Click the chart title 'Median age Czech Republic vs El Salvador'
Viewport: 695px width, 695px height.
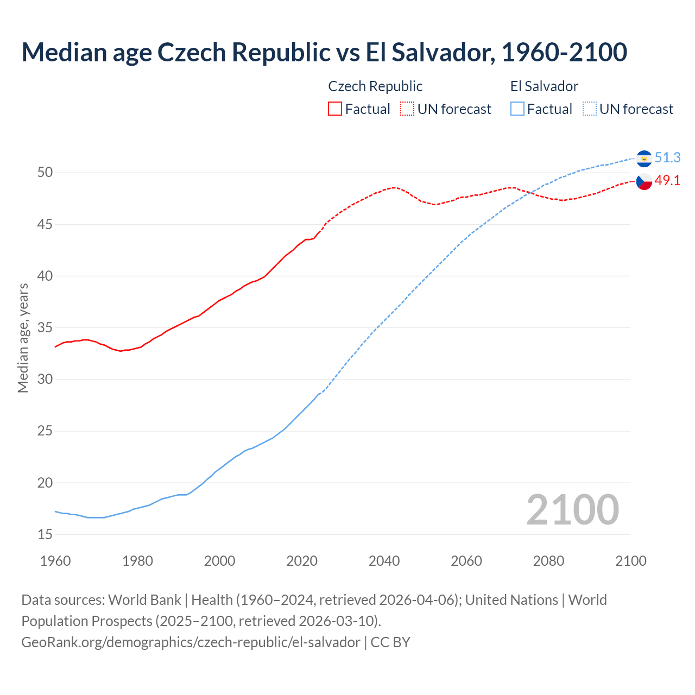point(324,52)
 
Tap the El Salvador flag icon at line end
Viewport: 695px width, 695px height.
point(644,158)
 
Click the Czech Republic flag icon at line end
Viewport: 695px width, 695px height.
point(644,181)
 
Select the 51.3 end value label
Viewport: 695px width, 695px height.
point(667,157)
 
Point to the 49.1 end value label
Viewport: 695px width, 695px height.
point(667,181)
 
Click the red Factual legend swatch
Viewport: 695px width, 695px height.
point(335,109)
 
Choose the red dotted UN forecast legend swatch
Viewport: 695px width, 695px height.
point(407,109)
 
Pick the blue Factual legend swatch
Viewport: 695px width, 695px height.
point(517,109)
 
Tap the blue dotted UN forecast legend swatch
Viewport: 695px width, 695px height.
point(589,109)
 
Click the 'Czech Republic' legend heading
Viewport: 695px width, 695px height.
point(375,86)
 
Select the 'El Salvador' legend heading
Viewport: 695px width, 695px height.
point(544,86)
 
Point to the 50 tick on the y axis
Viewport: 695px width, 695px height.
point(45,173)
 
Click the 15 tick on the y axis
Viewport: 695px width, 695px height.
point(45,534)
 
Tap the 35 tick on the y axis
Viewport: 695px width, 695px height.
point(45,327)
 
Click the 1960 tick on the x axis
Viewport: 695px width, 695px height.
point(55,561)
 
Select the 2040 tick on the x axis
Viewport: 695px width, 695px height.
point(384,561)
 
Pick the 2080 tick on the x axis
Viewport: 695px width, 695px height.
point(548,561)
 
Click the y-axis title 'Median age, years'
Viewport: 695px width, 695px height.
point(23,338)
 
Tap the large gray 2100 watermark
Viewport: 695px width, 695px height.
point(572,510)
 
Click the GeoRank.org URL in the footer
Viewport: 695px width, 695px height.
point(191,642)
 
